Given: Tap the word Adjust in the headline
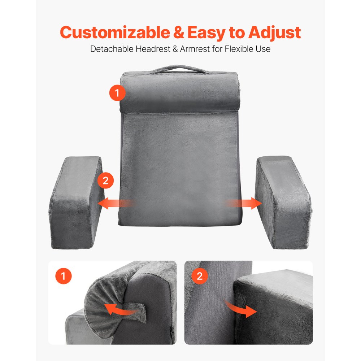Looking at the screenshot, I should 274,32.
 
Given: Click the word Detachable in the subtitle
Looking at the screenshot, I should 112,49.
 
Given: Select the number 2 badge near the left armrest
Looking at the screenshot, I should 106,180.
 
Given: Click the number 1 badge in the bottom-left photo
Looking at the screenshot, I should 64,277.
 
